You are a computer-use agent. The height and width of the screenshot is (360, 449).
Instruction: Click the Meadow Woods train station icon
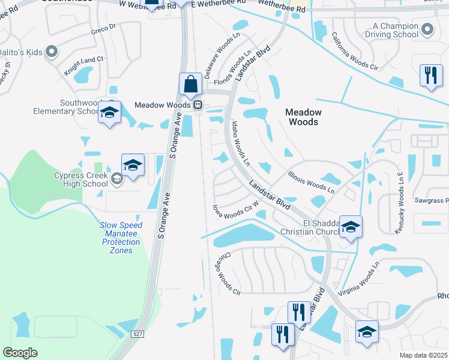tap(197, 105)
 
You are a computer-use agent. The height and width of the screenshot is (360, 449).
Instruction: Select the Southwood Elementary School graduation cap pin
tap(110, 112)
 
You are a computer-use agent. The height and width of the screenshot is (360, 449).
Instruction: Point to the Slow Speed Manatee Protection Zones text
tap(121, 238)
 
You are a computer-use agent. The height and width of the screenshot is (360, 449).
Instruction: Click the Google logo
tap(20, 353)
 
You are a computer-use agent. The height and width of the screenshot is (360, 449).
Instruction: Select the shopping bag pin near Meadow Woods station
tap(190, 84)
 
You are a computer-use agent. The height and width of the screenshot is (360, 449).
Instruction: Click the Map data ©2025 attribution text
tap(423, 355)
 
